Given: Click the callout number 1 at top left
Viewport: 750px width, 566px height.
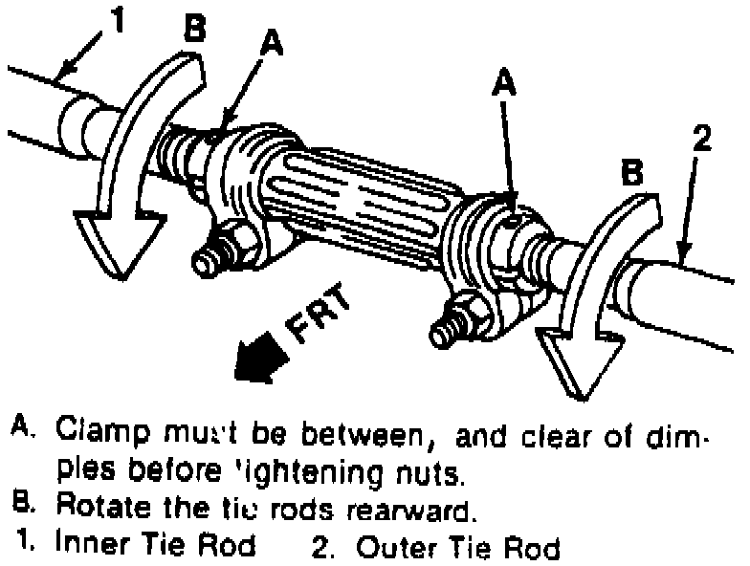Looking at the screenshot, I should click(118, 20).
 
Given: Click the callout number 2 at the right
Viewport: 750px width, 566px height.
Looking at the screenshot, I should click(701, 140).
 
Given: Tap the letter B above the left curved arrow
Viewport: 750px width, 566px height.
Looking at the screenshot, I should click(194, 28).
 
